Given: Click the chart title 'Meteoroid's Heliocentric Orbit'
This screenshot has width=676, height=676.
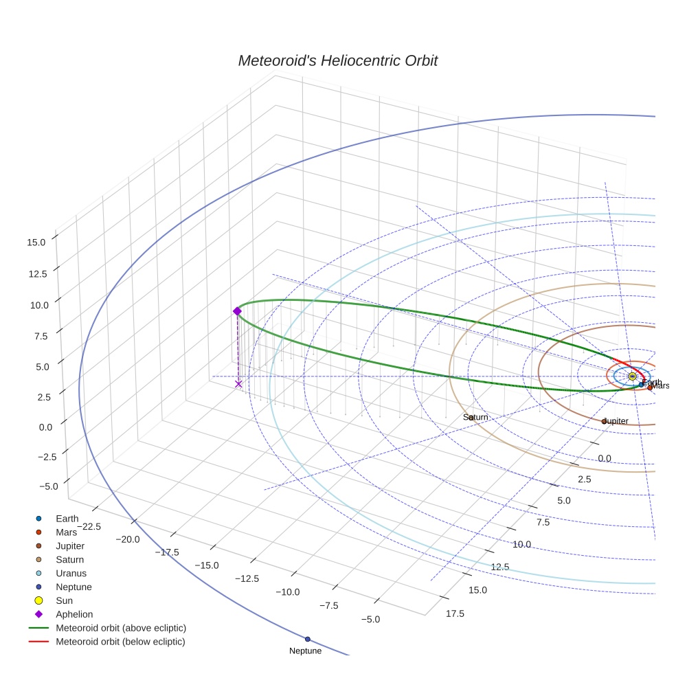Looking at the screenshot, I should click(337, 60).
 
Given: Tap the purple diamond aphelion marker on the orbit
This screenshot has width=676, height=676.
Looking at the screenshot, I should click(237, 311).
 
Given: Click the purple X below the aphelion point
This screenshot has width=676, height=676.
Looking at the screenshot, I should click(238, 383).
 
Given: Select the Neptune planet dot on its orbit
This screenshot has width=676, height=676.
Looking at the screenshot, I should click(308, 639).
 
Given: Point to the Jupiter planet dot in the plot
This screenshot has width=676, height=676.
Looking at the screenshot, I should click(604, 421).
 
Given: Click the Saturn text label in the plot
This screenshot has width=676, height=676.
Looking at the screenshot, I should click(475, 417).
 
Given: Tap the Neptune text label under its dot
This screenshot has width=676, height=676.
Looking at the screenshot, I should click(305, 651).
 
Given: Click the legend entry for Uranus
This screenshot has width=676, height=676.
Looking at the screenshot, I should click(71, 573).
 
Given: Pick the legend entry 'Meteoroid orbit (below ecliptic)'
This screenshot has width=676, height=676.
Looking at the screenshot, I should click(120, 642).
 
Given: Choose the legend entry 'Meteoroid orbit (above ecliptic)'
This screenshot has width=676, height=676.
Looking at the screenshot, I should click(121, 628).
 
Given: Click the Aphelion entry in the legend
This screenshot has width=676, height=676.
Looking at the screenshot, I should click(74, 614).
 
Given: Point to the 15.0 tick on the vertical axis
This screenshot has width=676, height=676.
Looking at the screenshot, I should click(36, 242).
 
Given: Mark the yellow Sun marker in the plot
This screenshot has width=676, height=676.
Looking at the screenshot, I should click(632, 376).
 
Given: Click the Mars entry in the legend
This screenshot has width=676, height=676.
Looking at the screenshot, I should click(67, 532).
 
